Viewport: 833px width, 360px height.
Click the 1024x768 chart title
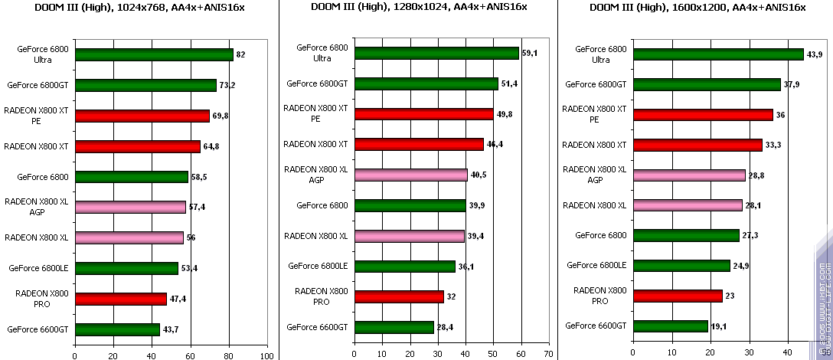point(139,7)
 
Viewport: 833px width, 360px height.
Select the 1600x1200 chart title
point(697,7)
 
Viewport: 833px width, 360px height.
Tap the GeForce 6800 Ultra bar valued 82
point(154,55)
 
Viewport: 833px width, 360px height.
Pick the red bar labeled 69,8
point(142,116)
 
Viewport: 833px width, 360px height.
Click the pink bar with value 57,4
point(130,207)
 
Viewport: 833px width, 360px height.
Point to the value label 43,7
point(171,329)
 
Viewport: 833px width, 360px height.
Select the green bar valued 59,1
point(436,54)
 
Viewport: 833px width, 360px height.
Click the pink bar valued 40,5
point(410,175)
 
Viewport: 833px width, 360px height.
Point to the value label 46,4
point(495,144)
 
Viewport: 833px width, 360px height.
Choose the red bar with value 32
point(398,296)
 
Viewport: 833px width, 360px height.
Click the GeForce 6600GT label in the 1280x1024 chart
point(317,327)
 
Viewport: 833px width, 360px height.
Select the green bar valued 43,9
point(718,54)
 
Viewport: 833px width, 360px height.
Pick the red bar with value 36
point(703,115)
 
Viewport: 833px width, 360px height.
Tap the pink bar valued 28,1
point(688,205)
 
